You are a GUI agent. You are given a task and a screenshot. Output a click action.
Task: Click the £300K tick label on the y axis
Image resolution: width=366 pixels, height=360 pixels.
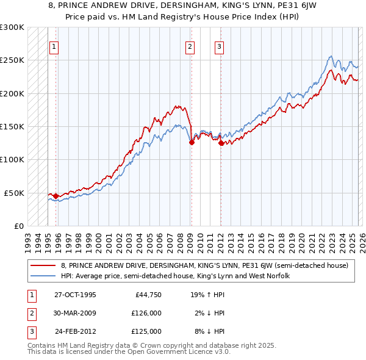coord(12,27)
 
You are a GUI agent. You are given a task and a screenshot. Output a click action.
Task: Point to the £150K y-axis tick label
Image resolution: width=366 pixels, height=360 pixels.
coord(12,126)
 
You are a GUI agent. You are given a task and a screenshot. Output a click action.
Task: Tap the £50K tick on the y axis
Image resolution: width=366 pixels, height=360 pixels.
coord(14,193)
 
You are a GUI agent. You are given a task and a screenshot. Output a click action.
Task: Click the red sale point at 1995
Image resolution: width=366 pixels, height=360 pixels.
coord(56,196)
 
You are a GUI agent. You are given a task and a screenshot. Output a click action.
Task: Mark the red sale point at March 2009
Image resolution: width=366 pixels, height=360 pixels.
coord(192,142)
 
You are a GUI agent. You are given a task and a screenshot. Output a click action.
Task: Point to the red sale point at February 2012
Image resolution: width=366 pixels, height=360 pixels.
coord(221,143)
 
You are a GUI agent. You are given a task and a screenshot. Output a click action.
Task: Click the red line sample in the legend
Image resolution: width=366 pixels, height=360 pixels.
coord(44,265)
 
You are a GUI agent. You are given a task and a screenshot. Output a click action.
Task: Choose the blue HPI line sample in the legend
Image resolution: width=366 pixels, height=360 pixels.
coord(44,276)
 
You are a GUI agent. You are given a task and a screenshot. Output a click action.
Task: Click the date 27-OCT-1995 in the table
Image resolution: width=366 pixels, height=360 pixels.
coord(75,295)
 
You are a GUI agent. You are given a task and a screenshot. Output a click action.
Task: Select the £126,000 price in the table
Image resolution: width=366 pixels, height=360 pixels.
coord(147,313)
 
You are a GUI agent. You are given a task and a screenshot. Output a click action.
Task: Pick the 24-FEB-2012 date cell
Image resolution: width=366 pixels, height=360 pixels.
coord(75,331)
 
